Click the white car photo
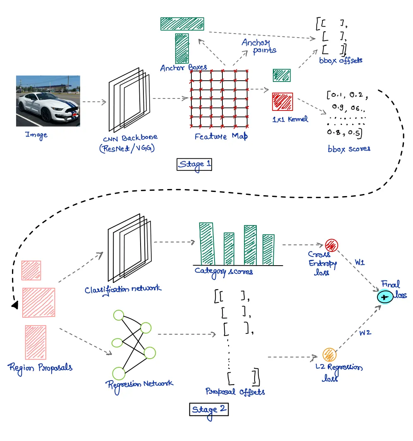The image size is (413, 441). (48, 101)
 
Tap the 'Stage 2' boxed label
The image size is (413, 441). (209, 409)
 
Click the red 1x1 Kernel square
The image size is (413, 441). (282, 102)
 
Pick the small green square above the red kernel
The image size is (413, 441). (282, 75)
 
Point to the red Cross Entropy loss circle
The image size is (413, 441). (332, 245)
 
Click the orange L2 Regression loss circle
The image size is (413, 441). (329, 355)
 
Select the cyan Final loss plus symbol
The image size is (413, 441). (384, 297)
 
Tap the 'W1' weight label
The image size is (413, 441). (360, 263)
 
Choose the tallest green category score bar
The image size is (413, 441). (207, 244)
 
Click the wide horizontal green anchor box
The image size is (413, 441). (182, 24)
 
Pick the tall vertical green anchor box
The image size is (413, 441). (182, 48)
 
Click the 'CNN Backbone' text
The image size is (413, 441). (131, 138)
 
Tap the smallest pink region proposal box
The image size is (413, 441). (31, 271)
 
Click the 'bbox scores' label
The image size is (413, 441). (349, 148)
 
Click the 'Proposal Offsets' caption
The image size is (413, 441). (235, 391)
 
